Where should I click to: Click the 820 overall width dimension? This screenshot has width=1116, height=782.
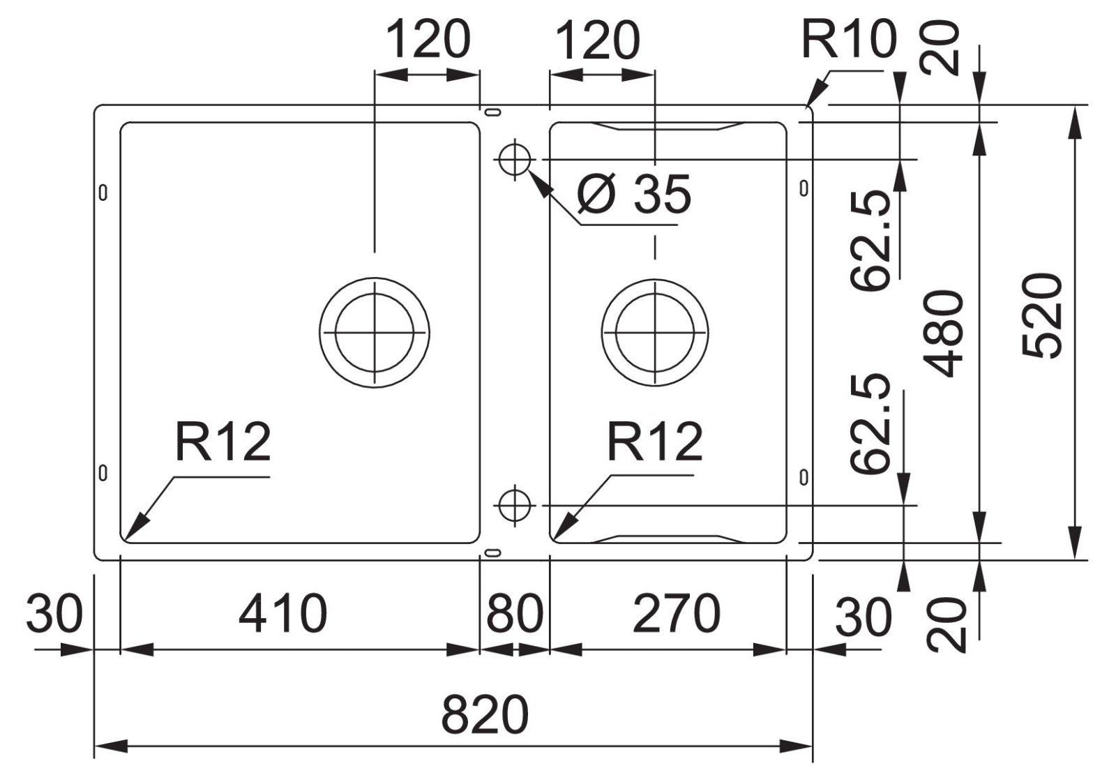coord(485,714)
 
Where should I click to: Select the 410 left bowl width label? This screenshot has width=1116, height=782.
coord(282,614)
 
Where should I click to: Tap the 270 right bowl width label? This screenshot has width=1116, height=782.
coord(676,614)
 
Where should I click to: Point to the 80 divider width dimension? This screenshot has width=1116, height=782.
coord(515,614)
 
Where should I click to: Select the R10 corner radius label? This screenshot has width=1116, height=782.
coord(848,40)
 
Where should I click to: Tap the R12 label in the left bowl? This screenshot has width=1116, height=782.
coord(223,442)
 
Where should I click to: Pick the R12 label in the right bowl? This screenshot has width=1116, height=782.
coord(655,442)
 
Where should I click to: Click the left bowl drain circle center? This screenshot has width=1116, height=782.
coord(375,333)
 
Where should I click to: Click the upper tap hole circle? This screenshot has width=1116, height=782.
coord(515,159)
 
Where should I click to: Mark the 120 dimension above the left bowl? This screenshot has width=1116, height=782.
coord(428,40)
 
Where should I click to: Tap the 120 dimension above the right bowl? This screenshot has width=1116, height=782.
coord(597,40)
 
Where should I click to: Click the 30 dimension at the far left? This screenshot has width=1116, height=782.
coord(54,614)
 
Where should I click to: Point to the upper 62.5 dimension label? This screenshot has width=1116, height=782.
coord(871,241)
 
